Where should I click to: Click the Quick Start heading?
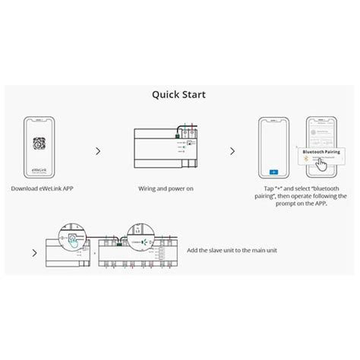pyautogui.click(x=179, y=96)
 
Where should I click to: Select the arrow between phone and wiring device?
pyautogui.click(x=98, y=151)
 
